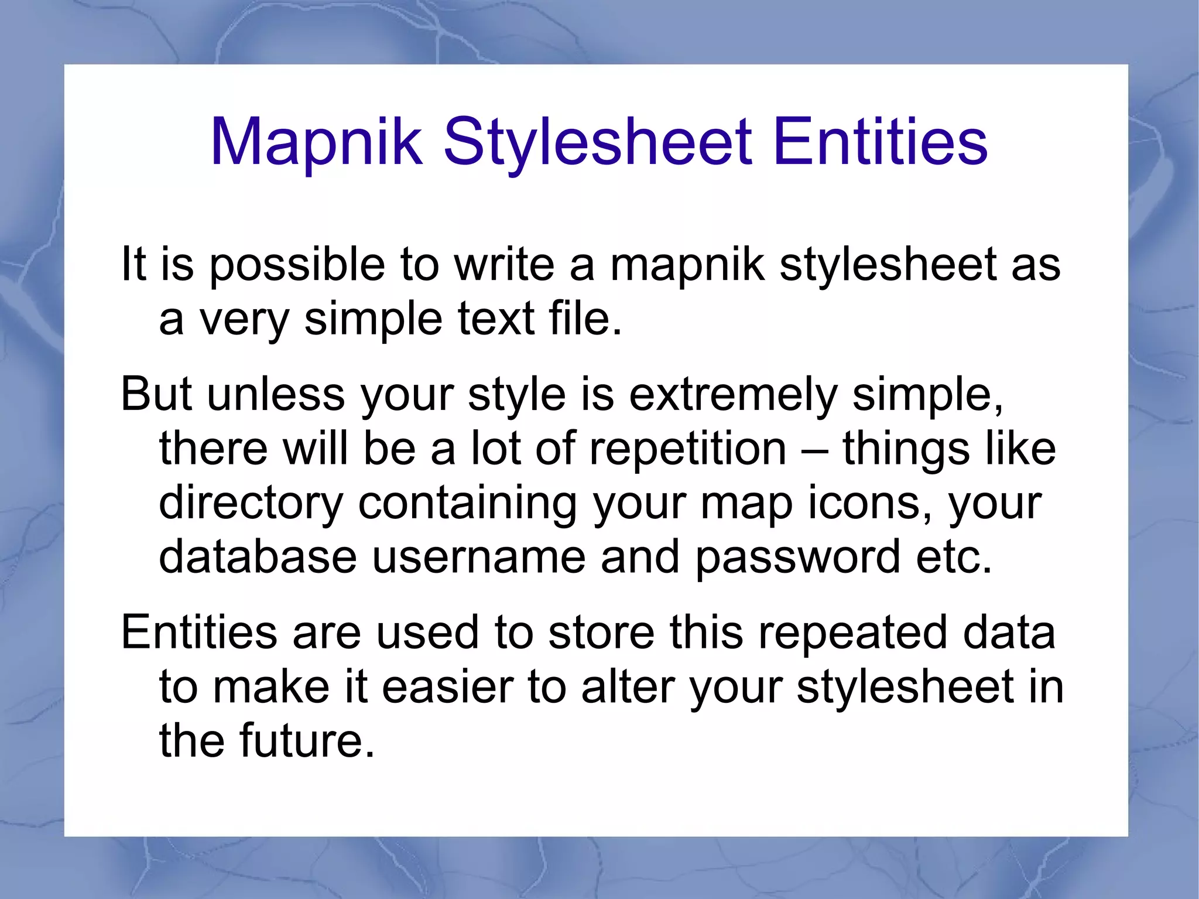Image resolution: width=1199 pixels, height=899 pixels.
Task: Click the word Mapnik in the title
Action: click(x=316, y=143)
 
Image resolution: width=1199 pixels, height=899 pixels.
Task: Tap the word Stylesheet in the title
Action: click(x=598, y=143)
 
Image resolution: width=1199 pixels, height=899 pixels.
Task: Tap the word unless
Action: click(x=276, y=394)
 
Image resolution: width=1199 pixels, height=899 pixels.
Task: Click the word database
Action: click(x=258, y=557)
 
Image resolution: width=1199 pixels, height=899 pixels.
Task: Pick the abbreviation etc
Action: click(x=954, y=557)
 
